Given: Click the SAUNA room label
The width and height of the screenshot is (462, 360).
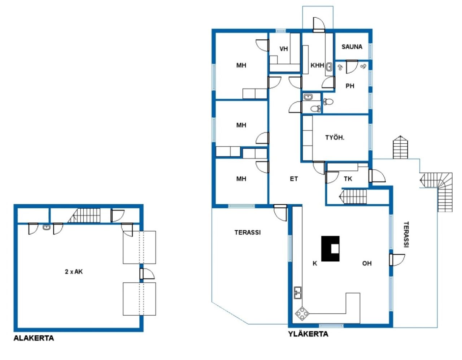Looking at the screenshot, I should pyautogui.click(x=352, y=47).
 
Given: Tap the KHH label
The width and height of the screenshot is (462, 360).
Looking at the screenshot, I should pyautogui.click(x=317, y=65).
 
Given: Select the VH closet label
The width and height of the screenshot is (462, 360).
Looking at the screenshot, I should pyautogui.click(x=284, y=49).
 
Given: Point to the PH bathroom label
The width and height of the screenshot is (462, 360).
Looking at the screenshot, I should pyautogui.click(x=350, y=86).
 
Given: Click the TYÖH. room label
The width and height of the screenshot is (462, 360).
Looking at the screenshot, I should pyautogui.click(x=335, y=138).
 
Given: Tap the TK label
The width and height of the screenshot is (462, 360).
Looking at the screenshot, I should pyautogui.click(x=348, y=179).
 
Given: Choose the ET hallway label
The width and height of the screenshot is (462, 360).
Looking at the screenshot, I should pyautogui.click(x=294, y=179).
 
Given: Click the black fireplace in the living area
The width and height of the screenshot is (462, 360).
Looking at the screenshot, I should pyautogui.click(x=331, y=249).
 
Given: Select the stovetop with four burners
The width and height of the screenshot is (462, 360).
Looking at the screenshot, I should pyautogui.click(x=302, y=313).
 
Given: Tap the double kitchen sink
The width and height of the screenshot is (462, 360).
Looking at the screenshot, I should pyautogui.click(x=298, y=293).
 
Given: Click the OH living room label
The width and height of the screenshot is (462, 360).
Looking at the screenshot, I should pyautogui.click(x=367, y=264).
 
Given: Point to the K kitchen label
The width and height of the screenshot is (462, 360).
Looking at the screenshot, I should pyautogui.click(x=315, y=264).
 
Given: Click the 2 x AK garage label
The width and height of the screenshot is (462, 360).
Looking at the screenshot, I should pyautogui.click(x=74, y=272).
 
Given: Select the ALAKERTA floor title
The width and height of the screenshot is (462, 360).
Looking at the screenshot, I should pyautogui.click(x=34, y=338).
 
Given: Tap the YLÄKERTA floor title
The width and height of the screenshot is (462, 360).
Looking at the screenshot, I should pyautogui.click(x=308, y=334).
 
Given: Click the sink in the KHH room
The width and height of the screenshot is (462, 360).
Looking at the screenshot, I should pyautogui.click(x=329, y=67).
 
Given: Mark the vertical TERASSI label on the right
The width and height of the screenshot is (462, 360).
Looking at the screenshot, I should pyautogui.click(x=406, y=234).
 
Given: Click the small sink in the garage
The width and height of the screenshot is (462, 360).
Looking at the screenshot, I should pyautogui.click(x=46, y=227).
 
